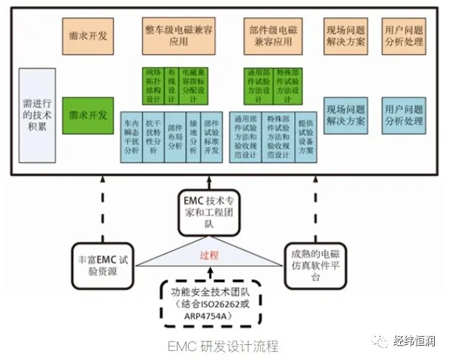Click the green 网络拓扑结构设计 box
click(x=153, y=86)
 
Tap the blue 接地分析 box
click(x=196, y=137)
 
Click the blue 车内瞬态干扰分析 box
click(x=132, y=137)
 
